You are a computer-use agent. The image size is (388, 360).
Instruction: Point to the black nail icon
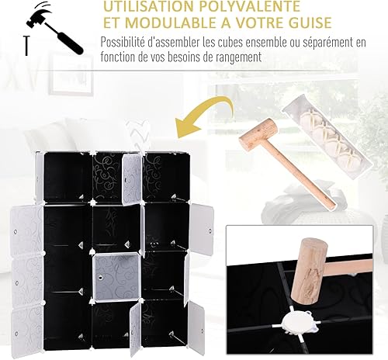[x=26, y=46]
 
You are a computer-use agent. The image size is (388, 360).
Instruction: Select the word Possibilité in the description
[x=123, y=42]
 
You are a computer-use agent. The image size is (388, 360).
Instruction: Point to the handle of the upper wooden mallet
[x=302, y=175]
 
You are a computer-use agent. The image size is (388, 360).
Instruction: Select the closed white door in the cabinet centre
[x=117, y=278]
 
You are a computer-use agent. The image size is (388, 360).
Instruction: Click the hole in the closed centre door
[x=100, y=278]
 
